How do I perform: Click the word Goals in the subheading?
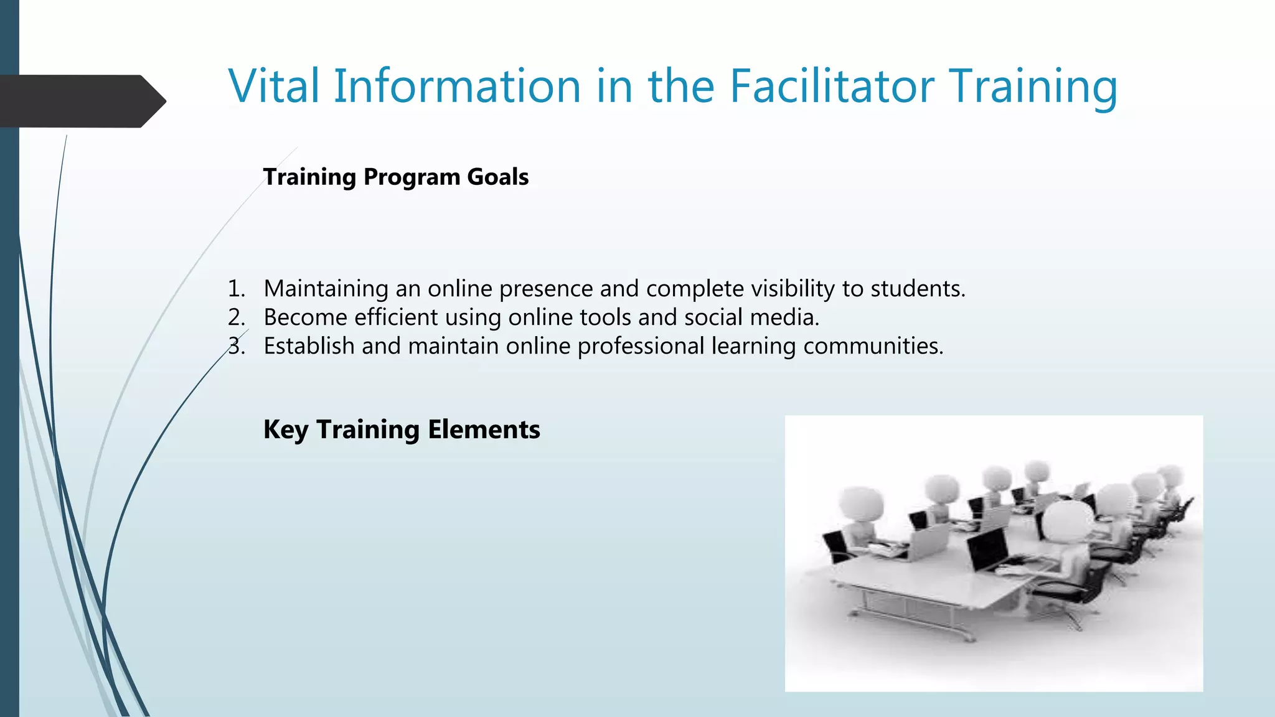pos(497,177)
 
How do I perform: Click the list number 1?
pos(236,289)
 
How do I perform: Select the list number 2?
pos(236,317)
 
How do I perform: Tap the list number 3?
pos(236,346)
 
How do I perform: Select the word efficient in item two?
pos(396,317)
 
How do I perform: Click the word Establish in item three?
pos(309,346)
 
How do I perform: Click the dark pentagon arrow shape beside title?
pos(81,101)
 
